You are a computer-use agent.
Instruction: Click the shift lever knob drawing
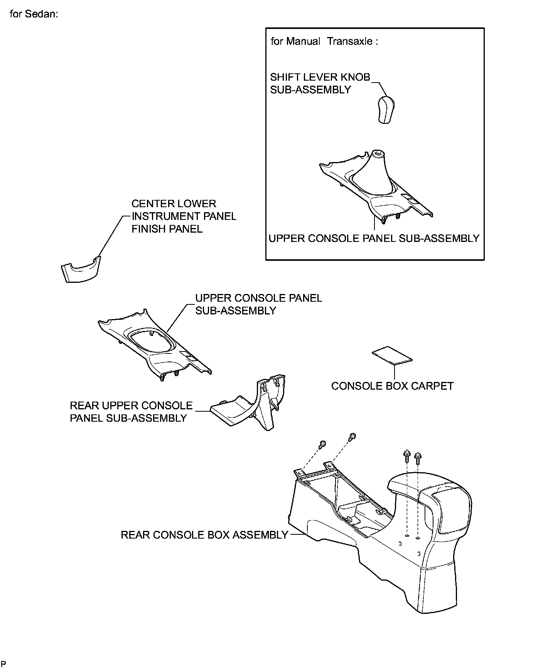click(387, 110)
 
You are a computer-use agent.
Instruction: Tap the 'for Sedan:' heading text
click(34, 14)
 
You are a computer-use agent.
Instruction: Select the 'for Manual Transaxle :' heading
click(324, 41)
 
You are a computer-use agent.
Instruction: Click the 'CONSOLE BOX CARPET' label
click(392, 386)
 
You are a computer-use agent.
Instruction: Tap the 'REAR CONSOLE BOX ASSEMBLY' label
click(204, 535)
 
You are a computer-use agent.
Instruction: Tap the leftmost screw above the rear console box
click(322, 444)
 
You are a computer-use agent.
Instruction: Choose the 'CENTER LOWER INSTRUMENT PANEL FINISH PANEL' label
click(184, 216)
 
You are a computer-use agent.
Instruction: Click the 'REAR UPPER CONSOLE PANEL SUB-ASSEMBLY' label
click(131, 412)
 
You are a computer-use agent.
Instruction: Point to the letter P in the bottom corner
click(3, 664)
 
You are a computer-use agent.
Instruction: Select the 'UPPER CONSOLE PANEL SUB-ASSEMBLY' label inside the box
click(374, 238)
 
